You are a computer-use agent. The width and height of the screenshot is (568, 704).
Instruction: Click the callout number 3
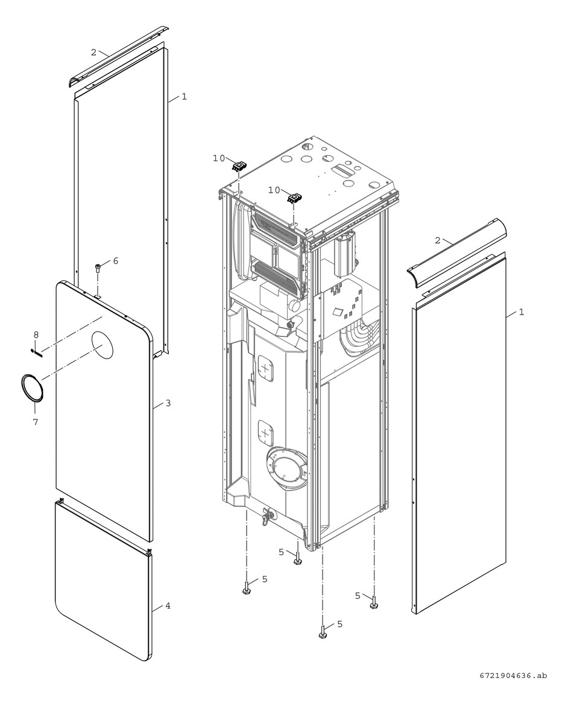168,403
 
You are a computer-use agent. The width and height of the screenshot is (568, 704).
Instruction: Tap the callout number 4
168,605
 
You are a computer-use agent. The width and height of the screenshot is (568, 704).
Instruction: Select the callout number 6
115,261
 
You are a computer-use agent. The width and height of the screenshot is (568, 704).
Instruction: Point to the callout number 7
35,422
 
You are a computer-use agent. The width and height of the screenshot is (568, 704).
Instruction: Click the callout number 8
36,334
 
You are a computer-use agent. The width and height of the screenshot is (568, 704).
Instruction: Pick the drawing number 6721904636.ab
514,676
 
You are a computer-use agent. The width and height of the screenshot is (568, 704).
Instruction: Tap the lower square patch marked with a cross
265,432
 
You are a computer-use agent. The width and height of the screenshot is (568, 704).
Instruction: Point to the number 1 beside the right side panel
522,312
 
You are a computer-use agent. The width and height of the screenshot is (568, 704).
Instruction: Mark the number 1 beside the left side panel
184,96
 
